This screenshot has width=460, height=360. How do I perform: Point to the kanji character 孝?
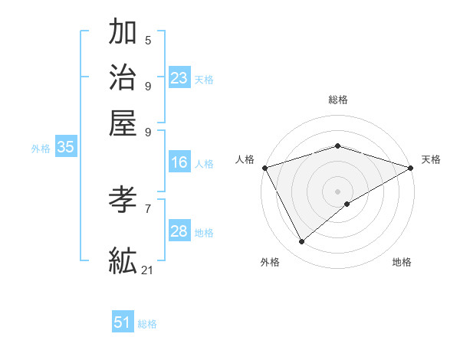click(x=123, y=201)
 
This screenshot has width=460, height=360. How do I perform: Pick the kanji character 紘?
click(x=123, y=260)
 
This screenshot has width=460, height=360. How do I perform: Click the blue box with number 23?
click(x=179, y=78)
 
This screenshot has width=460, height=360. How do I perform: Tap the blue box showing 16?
click(x=179, y=162)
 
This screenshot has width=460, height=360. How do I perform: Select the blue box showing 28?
click(x=179, y=232)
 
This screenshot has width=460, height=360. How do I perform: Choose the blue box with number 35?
click(x=65, y=148)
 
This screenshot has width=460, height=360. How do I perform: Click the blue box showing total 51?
click(x=123, y=322)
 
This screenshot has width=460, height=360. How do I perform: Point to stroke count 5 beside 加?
click(x=148, y=41)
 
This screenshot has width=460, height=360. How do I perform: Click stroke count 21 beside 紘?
click(x=148, y=270)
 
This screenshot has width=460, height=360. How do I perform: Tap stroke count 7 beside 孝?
click(x=148, y=208)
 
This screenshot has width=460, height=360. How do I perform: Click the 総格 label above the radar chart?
click(x=337, y=100)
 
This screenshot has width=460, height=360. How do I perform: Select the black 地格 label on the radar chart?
click(x=402, y=263)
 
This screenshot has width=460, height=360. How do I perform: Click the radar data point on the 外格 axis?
click(x=302, y=242)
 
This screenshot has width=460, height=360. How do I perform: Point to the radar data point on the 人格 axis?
click(x=264, y=168)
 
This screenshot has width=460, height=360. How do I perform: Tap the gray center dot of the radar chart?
click(x=337, y=191)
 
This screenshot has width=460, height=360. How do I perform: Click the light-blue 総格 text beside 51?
click(x=147, y=324)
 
